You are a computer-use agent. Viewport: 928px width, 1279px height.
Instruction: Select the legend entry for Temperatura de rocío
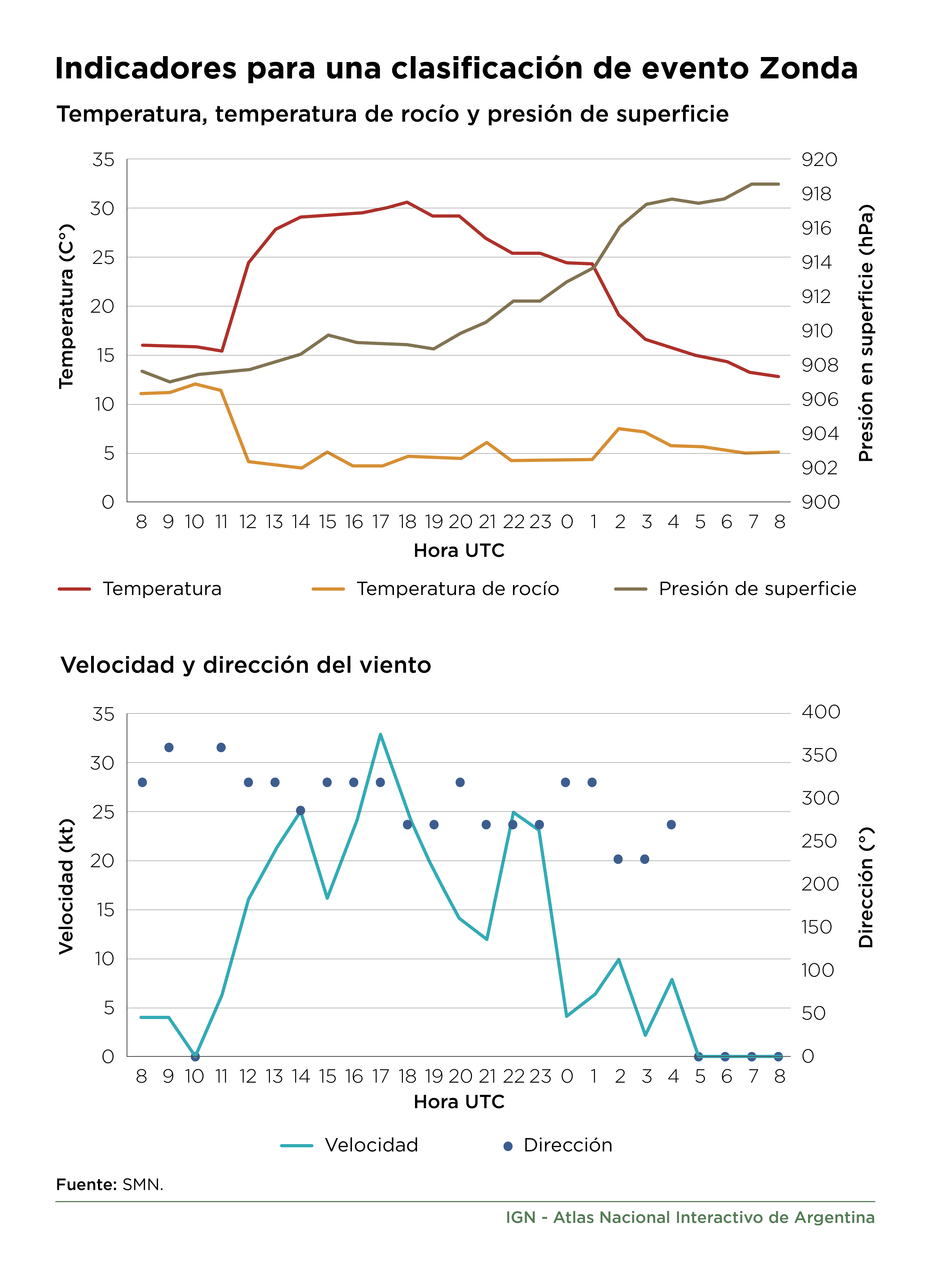coord(435,589)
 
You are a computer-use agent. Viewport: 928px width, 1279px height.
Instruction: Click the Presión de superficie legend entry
coord(735,589)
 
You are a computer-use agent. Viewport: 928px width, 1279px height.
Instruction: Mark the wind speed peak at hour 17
coord(380,734)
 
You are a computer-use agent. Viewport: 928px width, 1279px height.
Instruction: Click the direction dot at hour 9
coord(169,747)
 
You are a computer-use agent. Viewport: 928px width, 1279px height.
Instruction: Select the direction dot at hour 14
coord(301,810)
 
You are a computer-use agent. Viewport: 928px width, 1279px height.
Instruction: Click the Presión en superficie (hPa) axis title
coord(866,333)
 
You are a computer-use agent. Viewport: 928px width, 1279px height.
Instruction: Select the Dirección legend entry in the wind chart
coord(557,1145)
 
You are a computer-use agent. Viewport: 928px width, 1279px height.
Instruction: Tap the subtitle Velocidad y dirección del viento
coord(246,665)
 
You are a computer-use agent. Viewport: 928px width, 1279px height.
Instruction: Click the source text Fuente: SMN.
coord(110,1185)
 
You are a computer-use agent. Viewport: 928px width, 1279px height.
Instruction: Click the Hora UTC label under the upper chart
coord(459,550)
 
